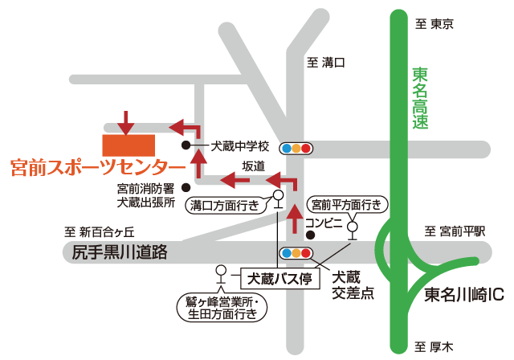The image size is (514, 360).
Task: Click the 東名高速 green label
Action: [420, 99]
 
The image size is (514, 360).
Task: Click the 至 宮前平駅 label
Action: [455, 231]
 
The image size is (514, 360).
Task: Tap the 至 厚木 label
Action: [434, 347]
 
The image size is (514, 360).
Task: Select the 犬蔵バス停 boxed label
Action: [280, 279]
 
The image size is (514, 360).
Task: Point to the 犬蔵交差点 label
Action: [353, 284]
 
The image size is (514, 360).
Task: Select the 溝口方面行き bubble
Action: [224, 205]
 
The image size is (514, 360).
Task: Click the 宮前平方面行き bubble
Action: [347, 205]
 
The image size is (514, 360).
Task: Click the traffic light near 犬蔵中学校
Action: [296, 148]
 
